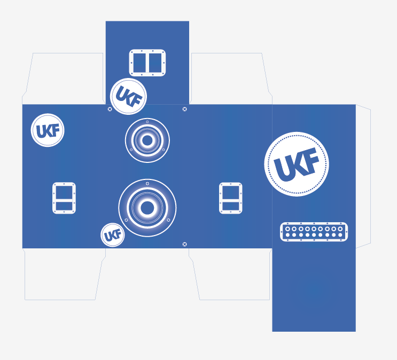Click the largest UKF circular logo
point(297,164)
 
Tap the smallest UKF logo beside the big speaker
point(113,235)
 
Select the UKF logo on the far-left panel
point(48,130)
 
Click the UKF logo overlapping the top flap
point(128,97)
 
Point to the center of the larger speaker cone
point(147,208)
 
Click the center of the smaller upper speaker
point(147,140)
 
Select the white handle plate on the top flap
point(147,63)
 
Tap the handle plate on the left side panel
point(64,198)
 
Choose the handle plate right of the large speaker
point(231,198)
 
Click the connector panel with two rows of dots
point(314,232)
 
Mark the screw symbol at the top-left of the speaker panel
point(110,109)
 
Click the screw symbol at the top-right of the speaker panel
point(185,109)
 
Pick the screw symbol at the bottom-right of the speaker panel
point(185,244)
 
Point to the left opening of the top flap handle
point(139,63)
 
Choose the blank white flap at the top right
point(230,78)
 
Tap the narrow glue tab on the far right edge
point(363,176)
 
